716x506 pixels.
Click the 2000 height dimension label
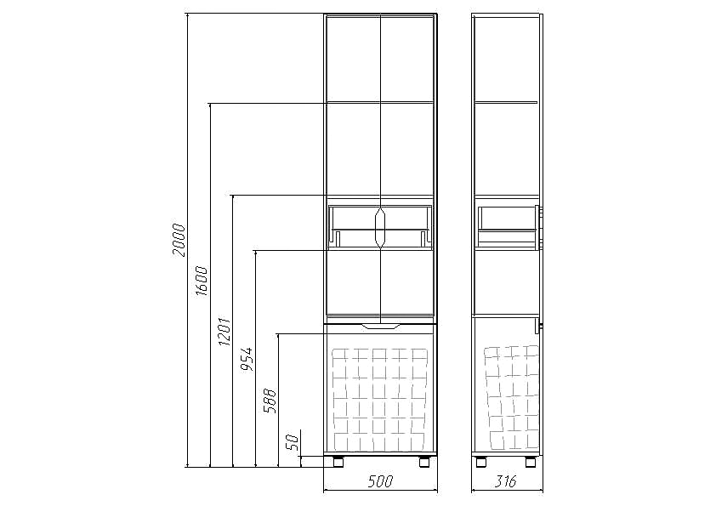coord(179,240)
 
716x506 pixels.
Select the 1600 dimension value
coord(202,281)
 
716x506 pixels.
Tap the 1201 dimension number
coord(224,331)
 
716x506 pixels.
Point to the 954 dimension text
coord(247,359)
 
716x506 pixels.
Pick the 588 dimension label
coord(270,401)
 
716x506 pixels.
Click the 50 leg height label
coord(293,441)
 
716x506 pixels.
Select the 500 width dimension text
coord(380,480)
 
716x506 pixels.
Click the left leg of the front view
coord(338,461)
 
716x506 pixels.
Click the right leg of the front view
coord(424,461)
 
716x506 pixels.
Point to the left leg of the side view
coord(481,461)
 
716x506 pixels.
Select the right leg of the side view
coord(531,461)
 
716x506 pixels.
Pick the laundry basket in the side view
coord(512,397)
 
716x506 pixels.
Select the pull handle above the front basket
coord(380,326)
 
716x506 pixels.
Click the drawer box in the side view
coord(507,227)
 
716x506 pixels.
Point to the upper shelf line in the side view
coord(506,102)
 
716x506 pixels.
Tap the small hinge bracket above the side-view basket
coord(539,328)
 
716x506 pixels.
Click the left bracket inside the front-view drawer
coord(337,238)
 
